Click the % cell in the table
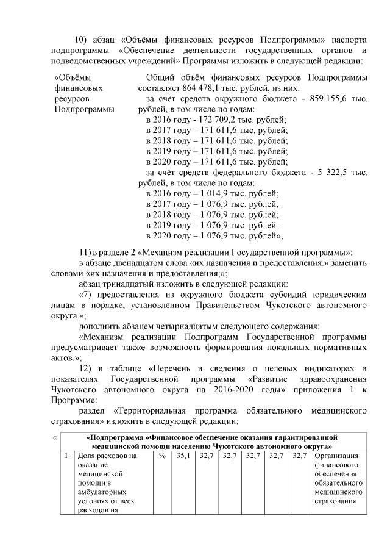[x=162, y=455]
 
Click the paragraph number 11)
[x=87, y=252]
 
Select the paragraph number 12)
[x=87, y=368]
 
